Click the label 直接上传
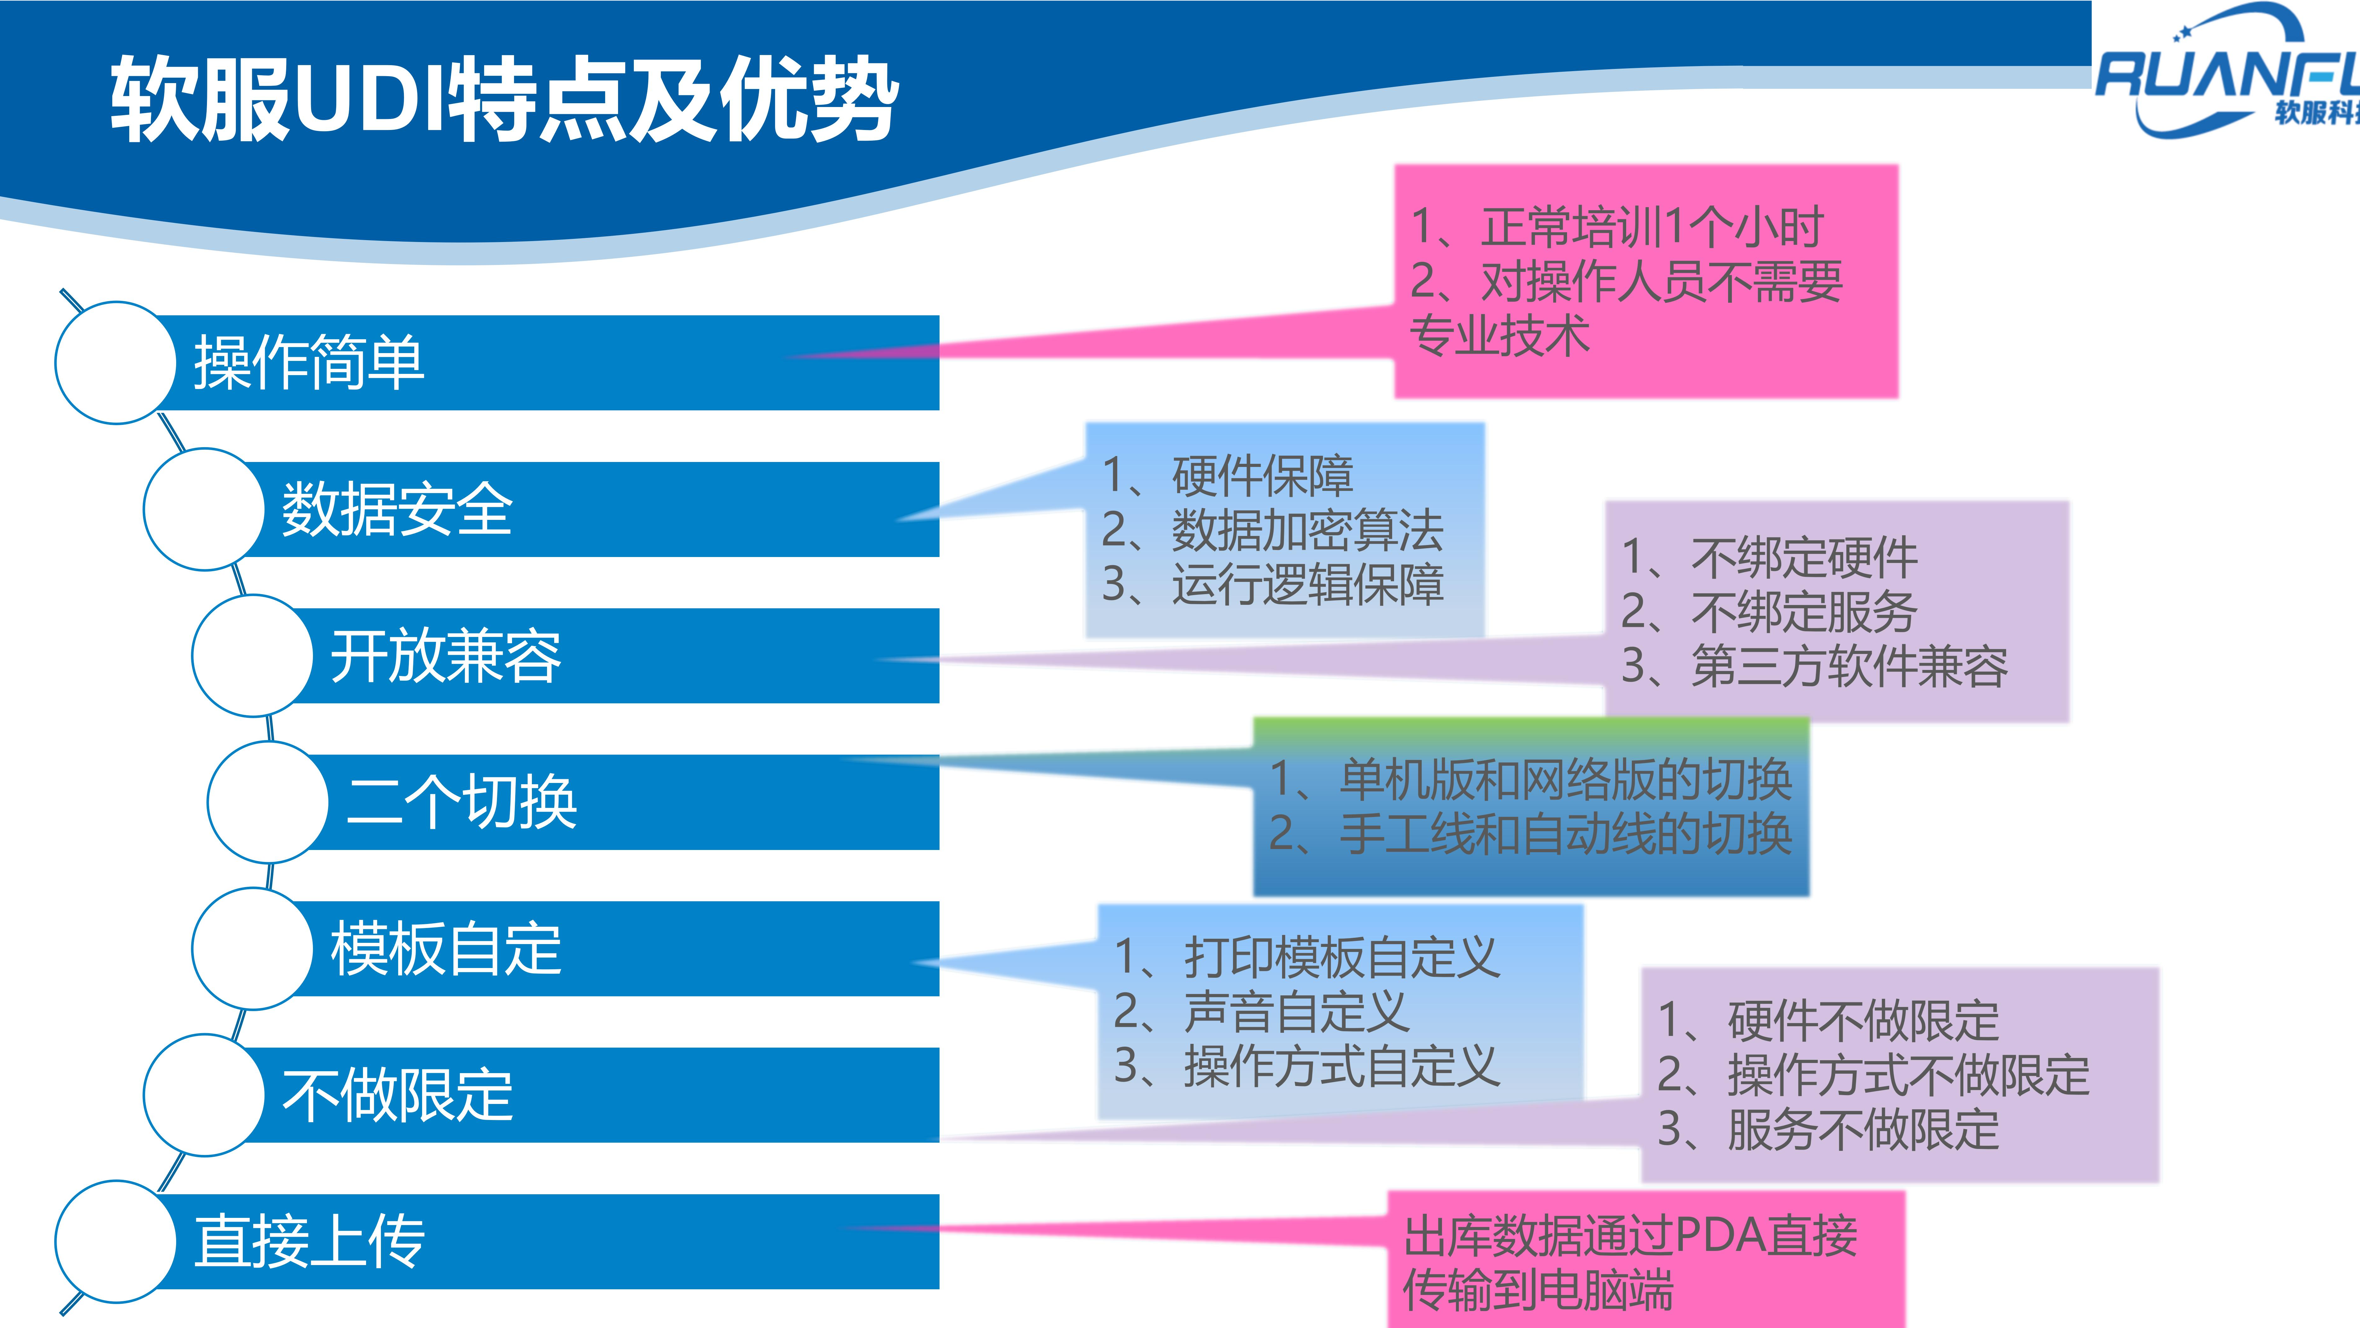(x=309, y=1242)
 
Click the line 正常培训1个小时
(x=1617, y=227)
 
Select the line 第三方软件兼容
(x=1814, y=666)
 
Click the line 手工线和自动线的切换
(x=1530, y=834)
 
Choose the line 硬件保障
(x=1228, y=476)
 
